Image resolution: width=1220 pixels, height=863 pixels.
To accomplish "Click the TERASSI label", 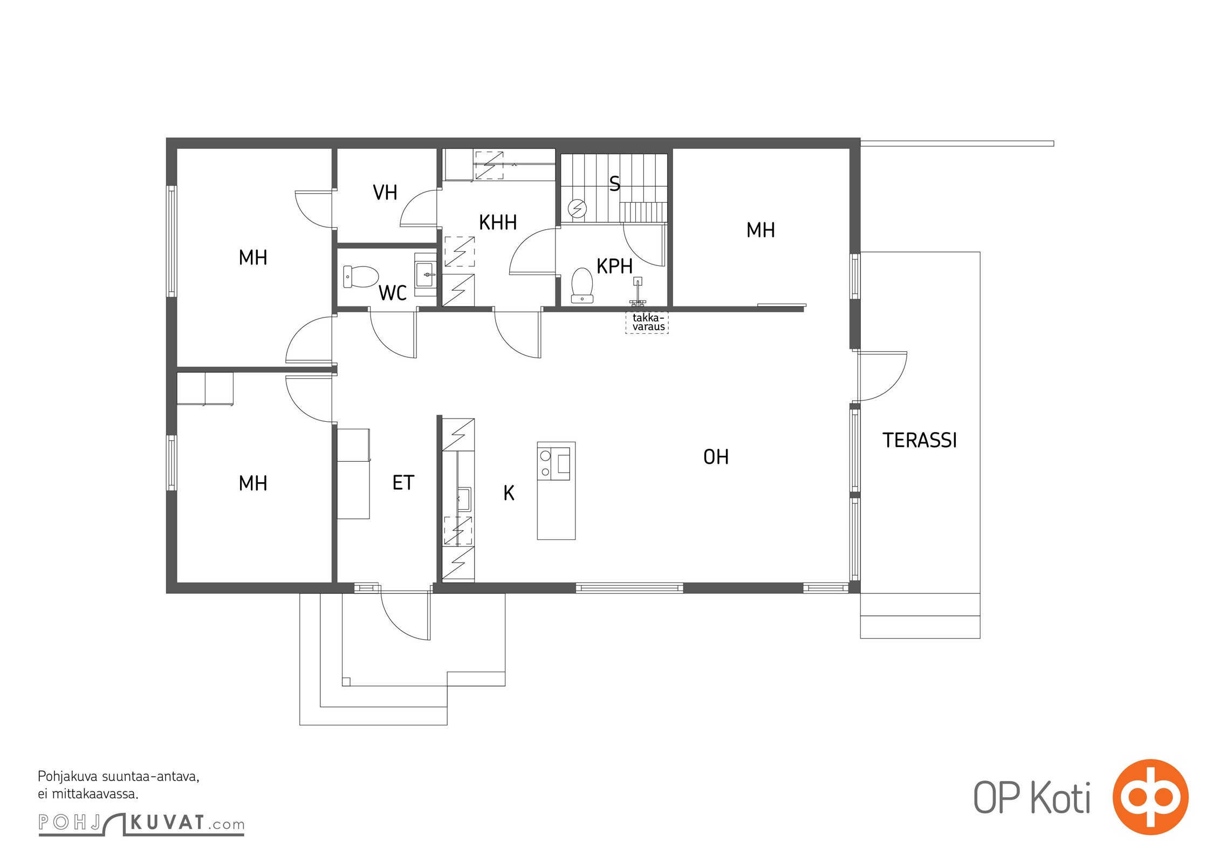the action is tap(920, 440).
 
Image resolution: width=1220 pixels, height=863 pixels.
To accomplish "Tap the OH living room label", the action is tap(716, 457).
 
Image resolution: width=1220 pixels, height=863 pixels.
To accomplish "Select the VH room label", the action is tap(385, 193).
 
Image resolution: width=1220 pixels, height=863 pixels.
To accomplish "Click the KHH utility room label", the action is tap(498, 222).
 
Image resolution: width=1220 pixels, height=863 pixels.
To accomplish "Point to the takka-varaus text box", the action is tap(647, 323).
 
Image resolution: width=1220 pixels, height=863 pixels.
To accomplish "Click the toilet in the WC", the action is tap(361, 277).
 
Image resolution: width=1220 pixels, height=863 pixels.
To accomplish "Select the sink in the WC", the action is tap(426, 275).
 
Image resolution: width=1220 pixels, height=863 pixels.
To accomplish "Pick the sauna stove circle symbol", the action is tap(577, 208).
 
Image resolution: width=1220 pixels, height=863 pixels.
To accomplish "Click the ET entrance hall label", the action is tap(403, 483).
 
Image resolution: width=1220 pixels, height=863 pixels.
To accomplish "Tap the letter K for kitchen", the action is tap(509, 493).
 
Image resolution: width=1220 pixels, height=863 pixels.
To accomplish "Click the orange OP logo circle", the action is tap(1150, 797).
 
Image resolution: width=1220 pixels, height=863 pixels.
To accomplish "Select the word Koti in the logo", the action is tap(1060, 797).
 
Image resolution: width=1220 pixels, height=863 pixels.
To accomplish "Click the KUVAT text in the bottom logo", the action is tap(168, 823).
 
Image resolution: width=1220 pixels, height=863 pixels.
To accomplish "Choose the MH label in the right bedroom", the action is tap(760, 230).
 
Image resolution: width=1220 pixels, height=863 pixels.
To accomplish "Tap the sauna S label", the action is tap(614, 184).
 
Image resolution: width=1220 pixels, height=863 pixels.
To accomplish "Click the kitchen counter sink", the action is tap(464, 499).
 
